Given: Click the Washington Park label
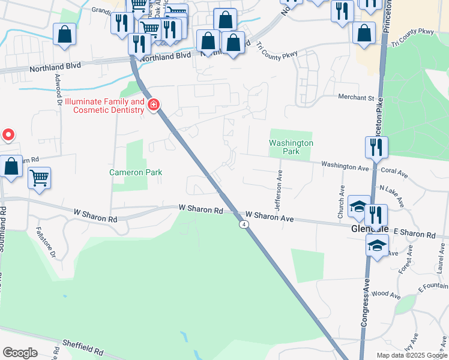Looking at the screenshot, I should click(x=291, y=148).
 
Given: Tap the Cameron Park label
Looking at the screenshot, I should click(x=136, y=172).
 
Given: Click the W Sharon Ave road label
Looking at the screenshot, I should click(x=269, y=218).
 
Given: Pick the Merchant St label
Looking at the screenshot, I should click(x=355, y=98).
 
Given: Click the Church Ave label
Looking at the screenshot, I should click(x=340, y=205).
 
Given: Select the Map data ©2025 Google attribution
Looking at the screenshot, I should click(x=411, y=355).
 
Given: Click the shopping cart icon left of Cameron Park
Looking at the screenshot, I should click(x=39, y=177).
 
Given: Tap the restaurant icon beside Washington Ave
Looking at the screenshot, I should click(x=376, y=147).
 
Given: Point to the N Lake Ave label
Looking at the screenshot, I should click(x=393, y=188).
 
